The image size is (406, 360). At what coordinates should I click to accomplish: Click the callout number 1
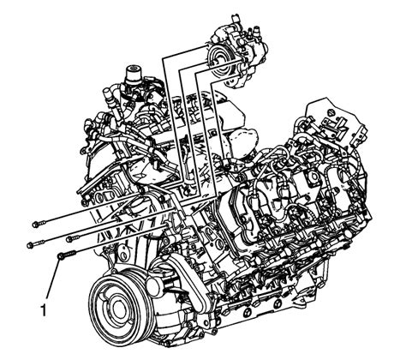coord(44,310)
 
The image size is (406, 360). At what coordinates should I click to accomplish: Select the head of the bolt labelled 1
coord(61,256)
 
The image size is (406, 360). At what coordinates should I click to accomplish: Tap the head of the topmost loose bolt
coord(36,225)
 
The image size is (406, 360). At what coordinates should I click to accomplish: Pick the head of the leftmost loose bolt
coord(30,245)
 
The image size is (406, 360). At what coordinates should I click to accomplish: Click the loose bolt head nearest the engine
coord(69,238)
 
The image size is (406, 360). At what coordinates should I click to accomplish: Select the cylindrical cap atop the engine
coord(133,74)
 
